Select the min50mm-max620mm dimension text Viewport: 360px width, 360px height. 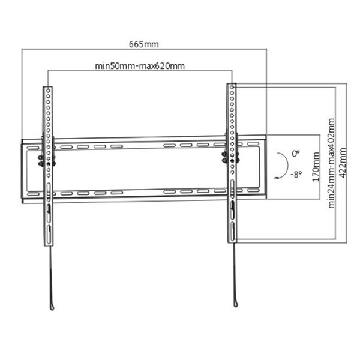point(140,65)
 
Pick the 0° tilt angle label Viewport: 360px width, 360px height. point(295,154)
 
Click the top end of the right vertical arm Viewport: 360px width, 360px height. point(232,86)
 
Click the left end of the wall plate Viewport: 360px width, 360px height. point(23,171)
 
